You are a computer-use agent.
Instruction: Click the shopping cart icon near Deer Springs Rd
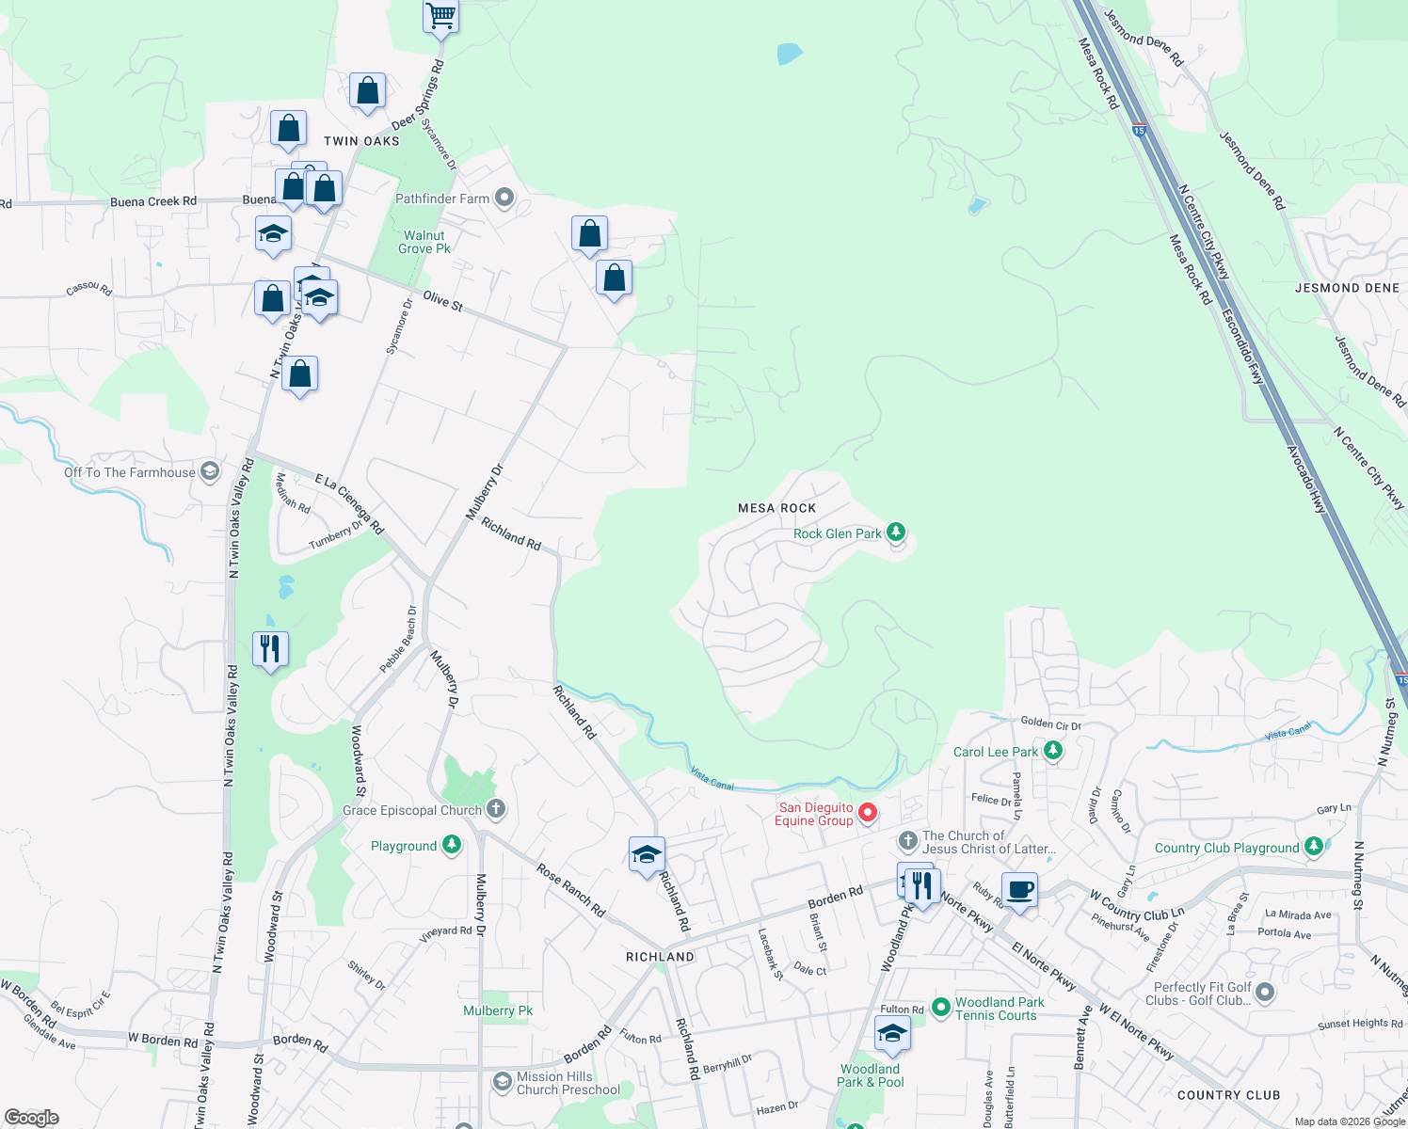click(x=440, y=15)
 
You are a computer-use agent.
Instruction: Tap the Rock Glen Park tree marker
click(x=896, y=533)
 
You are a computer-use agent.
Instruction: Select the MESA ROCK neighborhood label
click(x=776, y=508)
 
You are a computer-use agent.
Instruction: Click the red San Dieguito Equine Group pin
click(x=868, y=813)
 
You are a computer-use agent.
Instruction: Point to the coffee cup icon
click(x=1019, y=889)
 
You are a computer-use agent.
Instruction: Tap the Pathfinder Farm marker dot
click(x=504, y=198)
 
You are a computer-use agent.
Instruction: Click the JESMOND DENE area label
click(x=1347, y=288)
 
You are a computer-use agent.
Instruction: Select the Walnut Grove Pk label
click(x=424, y=243)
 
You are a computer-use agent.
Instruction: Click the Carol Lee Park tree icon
click(x=1053, y=751)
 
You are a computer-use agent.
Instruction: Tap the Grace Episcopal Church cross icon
click(x=495, y=809)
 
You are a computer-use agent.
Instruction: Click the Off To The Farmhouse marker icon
click(x=210, y=471)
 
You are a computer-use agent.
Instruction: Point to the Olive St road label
click(x=442, y=300)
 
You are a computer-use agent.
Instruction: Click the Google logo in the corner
click(x=31, y=1118)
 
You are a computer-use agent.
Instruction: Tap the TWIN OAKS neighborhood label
click(x=361, y=141)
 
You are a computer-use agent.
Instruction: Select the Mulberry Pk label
click(x=497, y=1010)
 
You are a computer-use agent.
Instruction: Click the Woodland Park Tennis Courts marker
click(x=940, y=1008)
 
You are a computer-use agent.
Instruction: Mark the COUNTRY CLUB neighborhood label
click(x=1228, y=1095)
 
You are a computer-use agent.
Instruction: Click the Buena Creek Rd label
click(x=153, y=201)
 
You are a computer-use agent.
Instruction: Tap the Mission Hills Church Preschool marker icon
click(x=502, y=1082)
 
